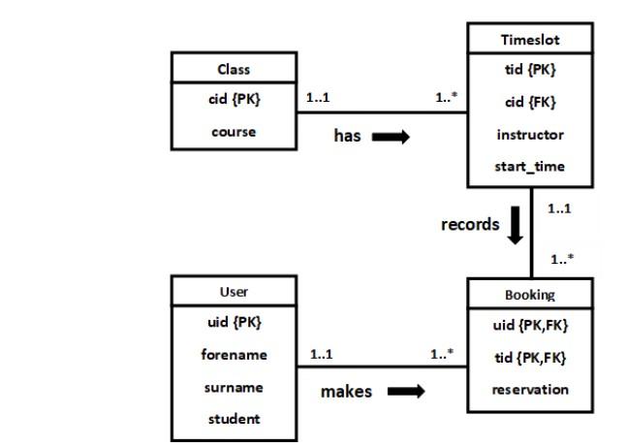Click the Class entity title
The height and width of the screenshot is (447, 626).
coord(234,69)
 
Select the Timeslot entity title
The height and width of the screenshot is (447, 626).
coord(530,40)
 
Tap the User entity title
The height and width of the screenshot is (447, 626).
coord(234,291)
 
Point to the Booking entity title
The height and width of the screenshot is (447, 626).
coord(530,294)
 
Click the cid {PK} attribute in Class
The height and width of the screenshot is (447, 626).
coord(234,100)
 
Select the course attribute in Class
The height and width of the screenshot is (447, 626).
coord(234,132)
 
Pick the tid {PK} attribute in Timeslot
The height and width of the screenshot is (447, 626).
coord(530,70)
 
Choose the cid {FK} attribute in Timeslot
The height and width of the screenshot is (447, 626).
coord(530,102)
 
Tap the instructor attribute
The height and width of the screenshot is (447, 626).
coord(530,135)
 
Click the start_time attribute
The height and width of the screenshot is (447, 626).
coord(530,166)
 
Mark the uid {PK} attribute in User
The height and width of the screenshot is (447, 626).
coord(234,322)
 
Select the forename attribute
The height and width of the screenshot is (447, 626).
coord(234,355)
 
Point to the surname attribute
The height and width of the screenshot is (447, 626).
coord(234,387)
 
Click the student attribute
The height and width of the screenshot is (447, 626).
coord(234,419)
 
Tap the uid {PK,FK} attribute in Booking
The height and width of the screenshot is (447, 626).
coord(530,326)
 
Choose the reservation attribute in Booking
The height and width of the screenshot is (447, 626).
coord(530,390)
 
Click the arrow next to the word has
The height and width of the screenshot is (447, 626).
coord(391,137)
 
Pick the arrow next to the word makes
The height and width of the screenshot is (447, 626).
coord(406,392)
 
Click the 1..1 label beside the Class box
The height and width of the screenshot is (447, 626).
coord(318,98)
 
